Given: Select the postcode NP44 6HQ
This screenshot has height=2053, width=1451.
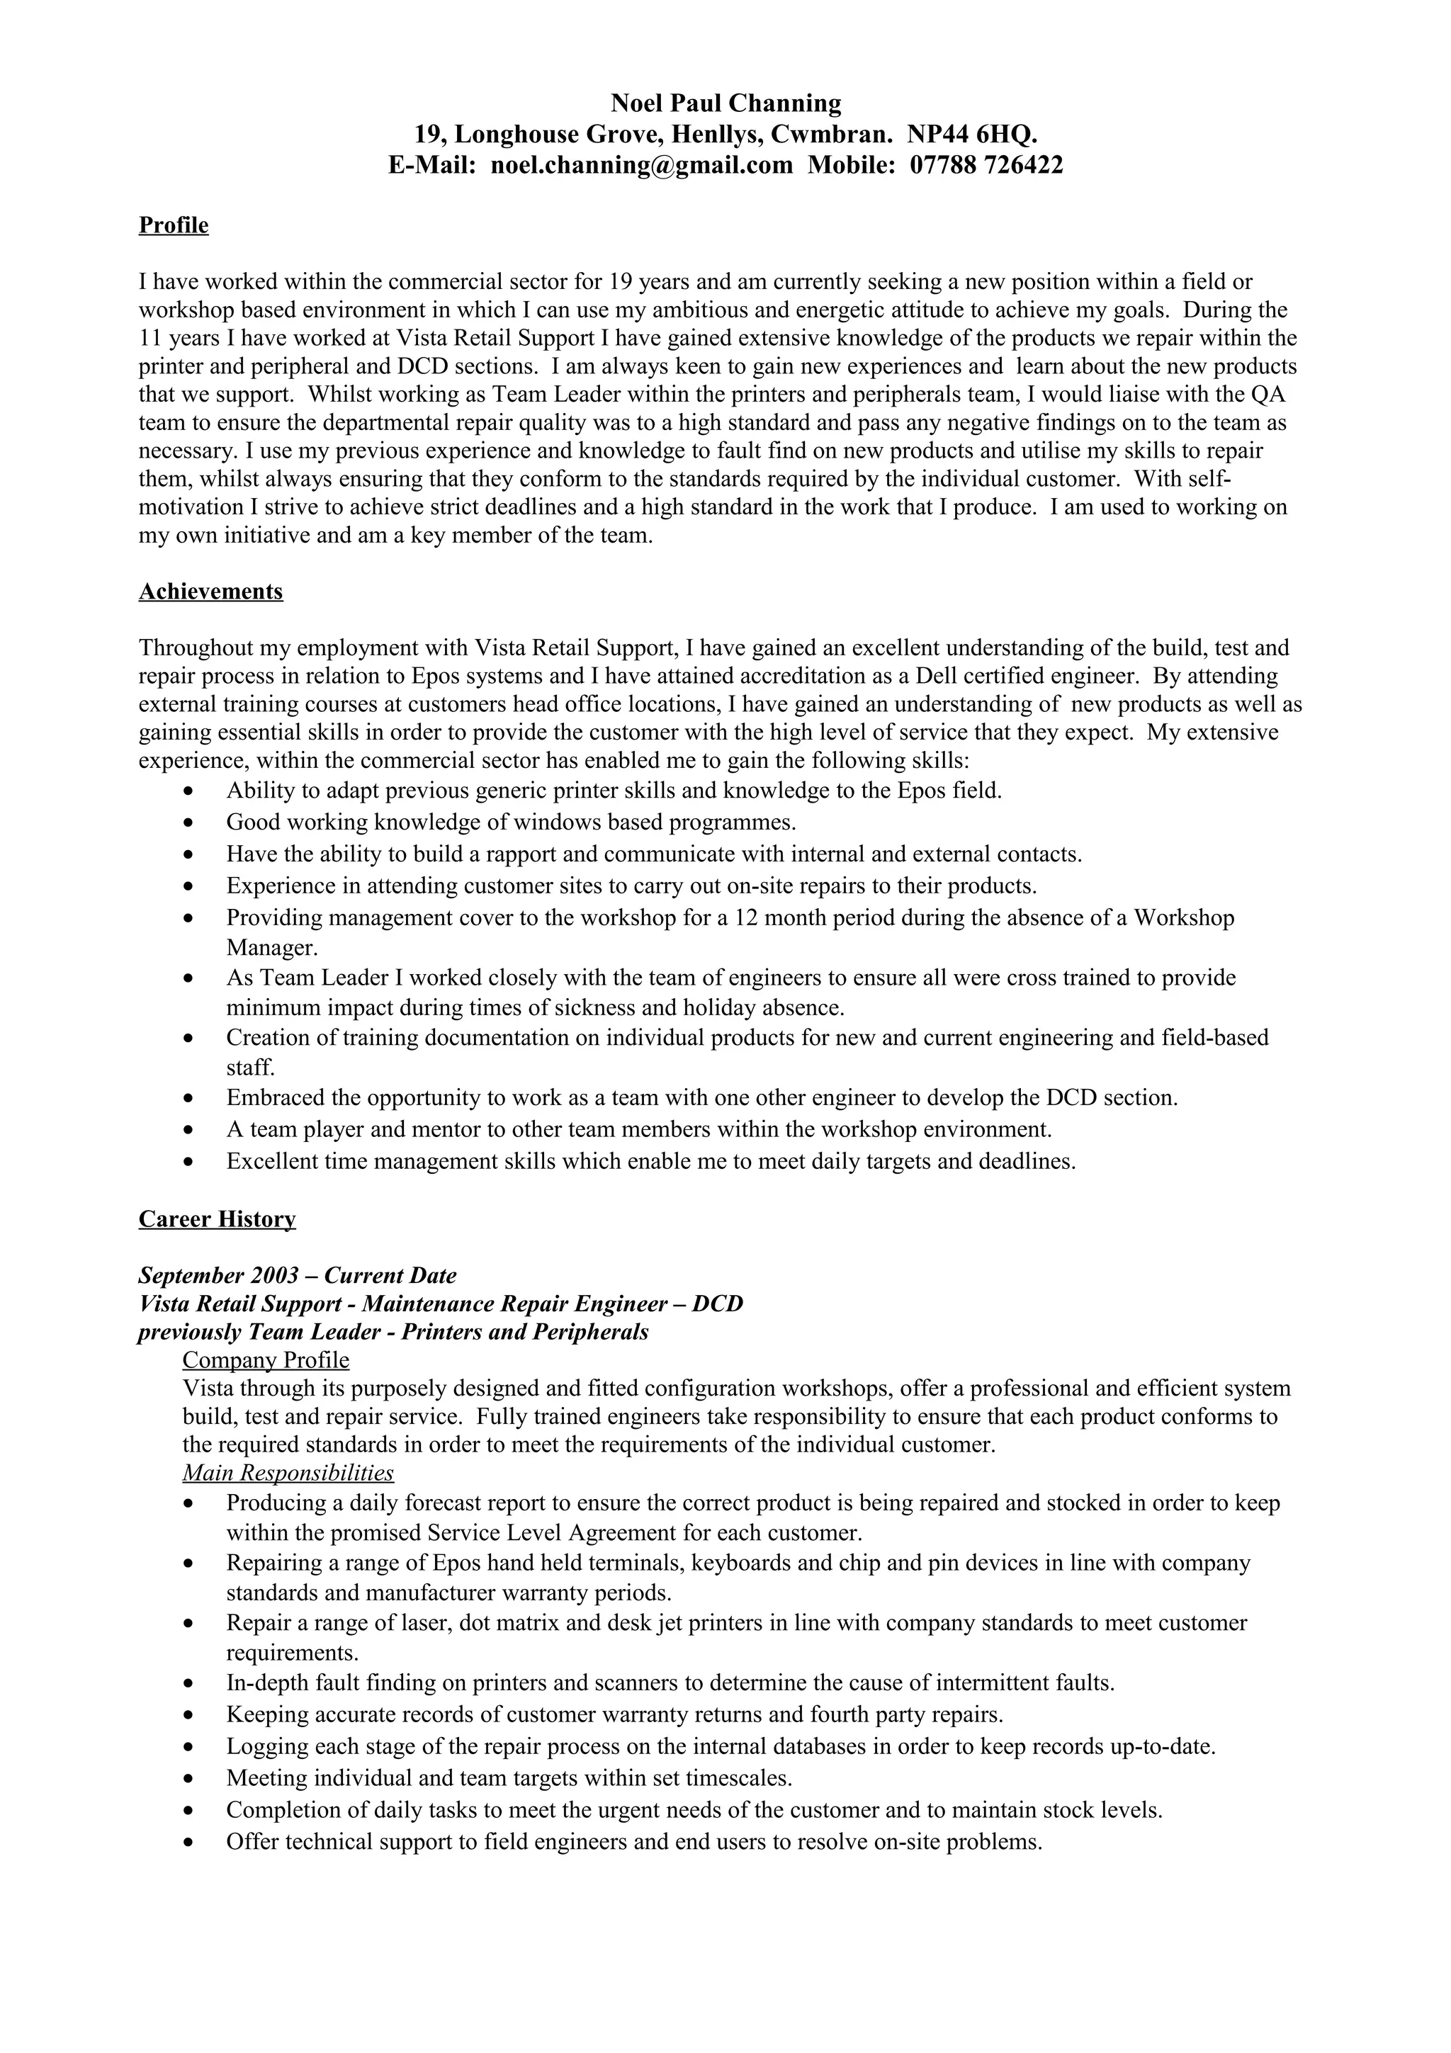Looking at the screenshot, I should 972,135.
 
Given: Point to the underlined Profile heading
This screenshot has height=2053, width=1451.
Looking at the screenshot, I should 174,225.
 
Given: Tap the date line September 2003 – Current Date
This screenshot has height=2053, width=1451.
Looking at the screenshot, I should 297,1275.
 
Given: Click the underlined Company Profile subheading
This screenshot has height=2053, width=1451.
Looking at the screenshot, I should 266,1360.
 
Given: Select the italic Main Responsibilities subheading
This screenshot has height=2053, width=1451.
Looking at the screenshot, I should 288,1473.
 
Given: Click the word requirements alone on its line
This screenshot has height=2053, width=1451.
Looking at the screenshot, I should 290,1653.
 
